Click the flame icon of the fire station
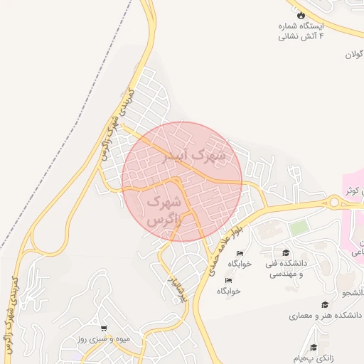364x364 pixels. (301, 14)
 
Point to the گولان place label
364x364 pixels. (354, 55)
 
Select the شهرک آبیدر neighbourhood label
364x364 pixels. (193, 154)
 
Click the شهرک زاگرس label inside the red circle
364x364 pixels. (164, 211)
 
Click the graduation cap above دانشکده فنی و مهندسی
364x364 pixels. (286, 252)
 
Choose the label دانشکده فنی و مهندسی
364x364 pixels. (285, 269)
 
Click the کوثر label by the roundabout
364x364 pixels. (354, 191)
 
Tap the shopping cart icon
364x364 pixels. (104, 328)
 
